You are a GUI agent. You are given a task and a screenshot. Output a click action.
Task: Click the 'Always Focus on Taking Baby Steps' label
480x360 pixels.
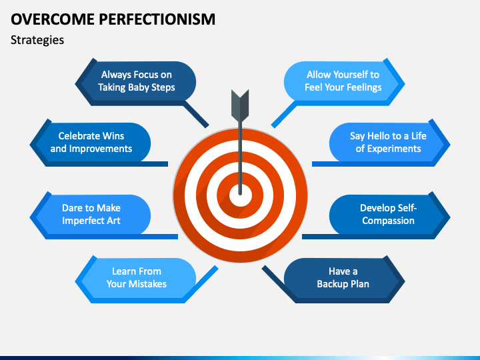[136, 81]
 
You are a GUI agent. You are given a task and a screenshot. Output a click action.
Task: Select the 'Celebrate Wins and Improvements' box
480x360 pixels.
[91, 143]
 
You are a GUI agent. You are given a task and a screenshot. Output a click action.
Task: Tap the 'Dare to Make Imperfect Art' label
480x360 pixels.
[91, 215]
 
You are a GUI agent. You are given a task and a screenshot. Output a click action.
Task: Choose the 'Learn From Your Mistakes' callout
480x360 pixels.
[137, 278]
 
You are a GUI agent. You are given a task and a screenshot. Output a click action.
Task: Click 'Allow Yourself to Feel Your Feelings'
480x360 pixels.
[343, 81]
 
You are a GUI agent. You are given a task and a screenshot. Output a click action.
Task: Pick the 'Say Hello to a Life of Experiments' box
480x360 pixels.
[388, 143]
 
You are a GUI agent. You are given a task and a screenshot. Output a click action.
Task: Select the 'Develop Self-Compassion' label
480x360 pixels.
[388, 215]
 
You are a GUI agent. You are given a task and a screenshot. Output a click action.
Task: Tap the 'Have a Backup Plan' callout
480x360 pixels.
[343, 278]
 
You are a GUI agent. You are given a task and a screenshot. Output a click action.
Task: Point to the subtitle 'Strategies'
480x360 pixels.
[37, 40]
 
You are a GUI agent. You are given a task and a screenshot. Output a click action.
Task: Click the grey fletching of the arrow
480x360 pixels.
[239, 103]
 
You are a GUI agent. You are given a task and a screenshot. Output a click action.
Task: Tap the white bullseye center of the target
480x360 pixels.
[241, 195]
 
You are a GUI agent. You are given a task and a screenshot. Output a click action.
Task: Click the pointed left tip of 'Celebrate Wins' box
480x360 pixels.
[31, 143]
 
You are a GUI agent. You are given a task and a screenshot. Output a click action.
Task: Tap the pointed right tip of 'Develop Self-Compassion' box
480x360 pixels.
[449, 215]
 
